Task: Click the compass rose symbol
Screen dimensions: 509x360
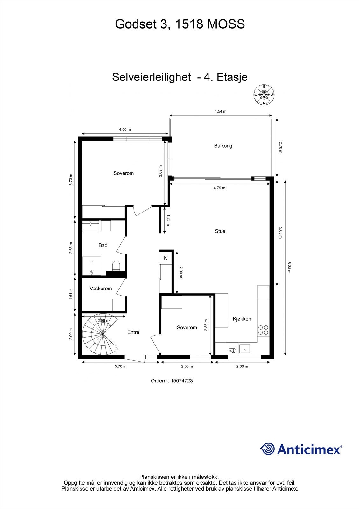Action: (x=264, y=94)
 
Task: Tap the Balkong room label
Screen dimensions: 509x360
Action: (x=223, y=146)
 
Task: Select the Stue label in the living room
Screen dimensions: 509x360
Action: (x=220, y=231)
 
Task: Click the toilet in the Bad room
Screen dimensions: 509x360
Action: (x=116, y=266)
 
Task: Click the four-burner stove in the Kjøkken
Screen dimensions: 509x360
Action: (x=263, y=330)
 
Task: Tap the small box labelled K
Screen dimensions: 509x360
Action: (x=165, y=258)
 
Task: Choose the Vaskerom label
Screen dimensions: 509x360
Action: (x=101, y=289)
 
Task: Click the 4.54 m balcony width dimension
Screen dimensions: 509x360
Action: (x=220, y=111)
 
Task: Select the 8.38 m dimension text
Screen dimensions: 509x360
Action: (x=289, y=267)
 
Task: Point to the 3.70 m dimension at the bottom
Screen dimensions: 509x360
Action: (x=120, y=366)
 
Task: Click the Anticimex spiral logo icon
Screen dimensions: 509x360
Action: (x=267, y=449)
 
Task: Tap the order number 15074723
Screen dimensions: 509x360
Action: (x=182, y=380)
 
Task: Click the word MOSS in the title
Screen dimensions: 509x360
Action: (x=226, y=24)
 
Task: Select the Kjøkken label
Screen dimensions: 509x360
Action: (x=242, y=319)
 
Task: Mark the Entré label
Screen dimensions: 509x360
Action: (x=133, y=332)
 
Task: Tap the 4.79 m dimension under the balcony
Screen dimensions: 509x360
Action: (x=219, y=188)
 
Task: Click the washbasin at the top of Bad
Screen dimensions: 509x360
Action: (x=91, y=227)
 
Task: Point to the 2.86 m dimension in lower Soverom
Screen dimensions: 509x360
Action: (x=206, y=325)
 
